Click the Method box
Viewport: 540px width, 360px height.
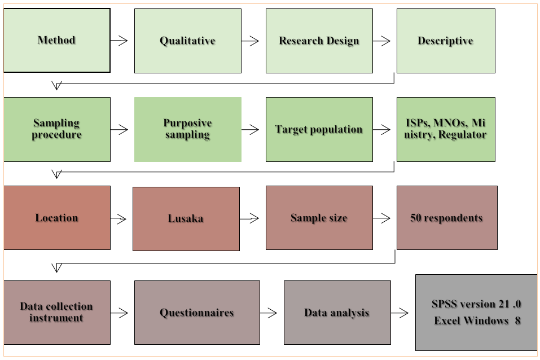pyautogui.click(x=56, y=40)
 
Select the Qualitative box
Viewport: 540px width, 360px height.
pyautogui.click(x=187, y=41)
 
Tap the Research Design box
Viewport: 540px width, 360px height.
pyautogui.click(x=319, y=41)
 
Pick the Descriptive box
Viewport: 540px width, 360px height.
pyautogui.click(x=445, y=41)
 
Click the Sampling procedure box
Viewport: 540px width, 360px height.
pyautogui.click(x=56, y=129)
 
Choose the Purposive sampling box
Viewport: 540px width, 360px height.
pyautogui.click(x=187, y=129)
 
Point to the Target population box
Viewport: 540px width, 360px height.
pyautogui.click(x=319, y=129)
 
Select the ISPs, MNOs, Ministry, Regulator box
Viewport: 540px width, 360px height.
pyautogui.click(x=445, y=129)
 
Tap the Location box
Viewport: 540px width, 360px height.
pyautogui.click(x=56, y=218)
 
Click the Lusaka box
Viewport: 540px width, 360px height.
pyautogui.click(x=186, y=218)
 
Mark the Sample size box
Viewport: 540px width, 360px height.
pyautogui.click(x=319, y=218)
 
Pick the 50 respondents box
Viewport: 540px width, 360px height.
pyautogui.click(x=446, y=218)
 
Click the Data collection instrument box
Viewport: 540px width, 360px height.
pyautogui.click(x=56, y=312)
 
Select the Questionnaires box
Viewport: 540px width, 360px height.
pyautogui.click(x=196, y=313)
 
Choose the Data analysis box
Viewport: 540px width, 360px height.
pyautogui.click(x=337, y=313)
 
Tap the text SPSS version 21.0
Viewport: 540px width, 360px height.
pyautogui.click(x=476, y=304)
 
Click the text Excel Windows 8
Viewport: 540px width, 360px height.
pyautogui.click(x=477, y=321)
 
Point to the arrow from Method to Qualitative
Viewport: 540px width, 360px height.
pyautogui.click(x=119, y=40)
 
